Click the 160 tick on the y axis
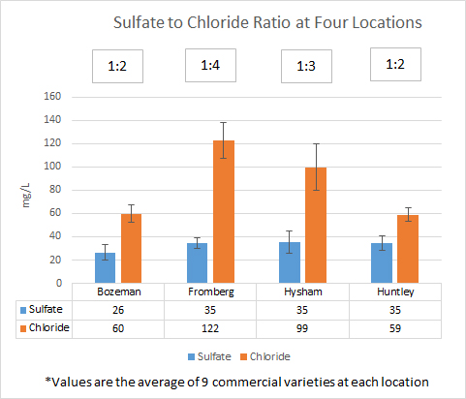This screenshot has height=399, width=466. pyautogui.click(x=65, y=97)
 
